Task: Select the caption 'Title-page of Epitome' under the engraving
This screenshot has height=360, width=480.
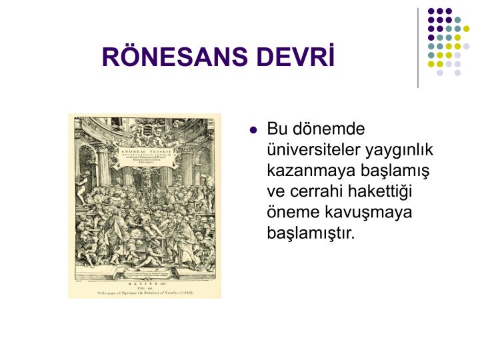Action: [145, 293]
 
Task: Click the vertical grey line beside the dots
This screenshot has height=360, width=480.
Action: [418, 47]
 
